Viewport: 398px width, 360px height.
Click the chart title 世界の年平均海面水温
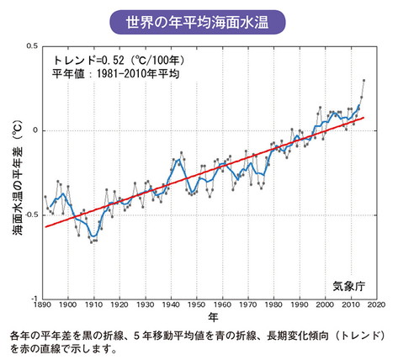(x=199, y=18)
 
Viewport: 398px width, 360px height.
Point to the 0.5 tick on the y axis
(x=32, y=46)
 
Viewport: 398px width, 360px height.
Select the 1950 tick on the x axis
(x=196, y=305)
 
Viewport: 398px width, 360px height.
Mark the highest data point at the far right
(x=364, y=81)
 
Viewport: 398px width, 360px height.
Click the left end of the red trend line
(x=45, y=227)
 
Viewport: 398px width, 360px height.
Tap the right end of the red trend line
(x=364, y=118)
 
